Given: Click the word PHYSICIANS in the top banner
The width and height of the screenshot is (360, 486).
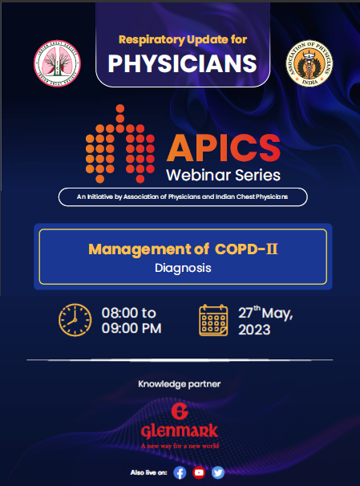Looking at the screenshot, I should (x=182, y=63).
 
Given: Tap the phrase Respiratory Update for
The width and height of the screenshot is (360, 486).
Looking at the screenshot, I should (x=182, y=38).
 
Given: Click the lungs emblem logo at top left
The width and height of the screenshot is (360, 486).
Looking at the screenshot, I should (x=56, y=60).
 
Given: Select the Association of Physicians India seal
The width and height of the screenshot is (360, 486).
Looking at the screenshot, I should (x=308, y=61).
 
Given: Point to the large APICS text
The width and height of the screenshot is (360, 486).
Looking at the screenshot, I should (x=224, y=149).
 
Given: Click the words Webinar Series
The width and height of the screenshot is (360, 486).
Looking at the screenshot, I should (x=224, y=175).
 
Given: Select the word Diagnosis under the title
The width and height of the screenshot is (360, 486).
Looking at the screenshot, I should (x=183, y=269).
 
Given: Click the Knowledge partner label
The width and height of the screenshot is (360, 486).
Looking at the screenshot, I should (x=180, y=384).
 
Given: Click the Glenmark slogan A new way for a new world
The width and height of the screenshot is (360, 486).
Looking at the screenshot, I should (x=180, y=445).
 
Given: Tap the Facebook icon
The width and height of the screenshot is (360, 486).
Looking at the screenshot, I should (x=180, y=472).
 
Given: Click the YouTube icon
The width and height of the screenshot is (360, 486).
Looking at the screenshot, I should (x=199, y=472).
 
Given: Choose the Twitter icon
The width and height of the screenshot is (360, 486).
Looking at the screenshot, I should (x=218, y=472).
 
